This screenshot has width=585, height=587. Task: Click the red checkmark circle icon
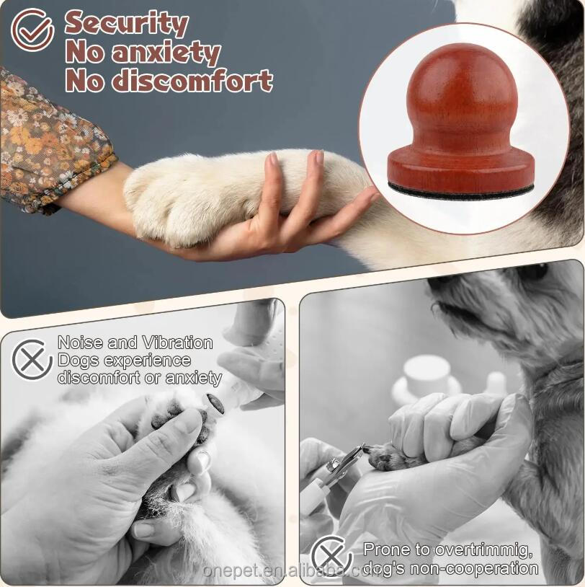coord(32,30)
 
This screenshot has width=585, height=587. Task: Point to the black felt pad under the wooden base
coord(461,190)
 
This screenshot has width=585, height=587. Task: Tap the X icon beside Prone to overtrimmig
coord(331,557)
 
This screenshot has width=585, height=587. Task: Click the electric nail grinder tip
coord(215,404)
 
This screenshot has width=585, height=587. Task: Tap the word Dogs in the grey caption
coord(78,360)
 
